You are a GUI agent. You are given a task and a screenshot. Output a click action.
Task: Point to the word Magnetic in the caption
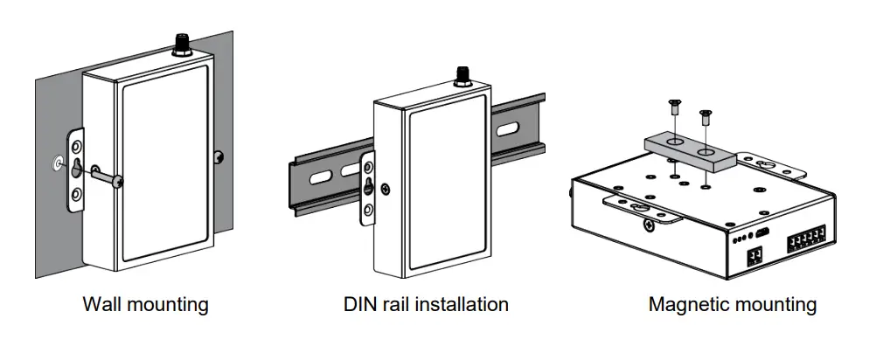[x=686, y=305]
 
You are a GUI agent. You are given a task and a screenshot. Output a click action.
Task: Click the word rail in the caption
[x=399, y=305]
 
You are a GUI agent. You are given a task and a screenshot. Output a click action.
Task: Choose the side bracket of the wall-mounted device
[x=77, y=170]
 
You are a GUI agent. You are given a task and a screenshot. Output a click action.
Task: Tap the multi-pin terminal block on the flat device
[x=810, y=242]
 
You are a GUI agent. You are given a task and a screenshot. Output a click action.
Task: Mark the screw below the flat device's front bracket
[x=648, y=225]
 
